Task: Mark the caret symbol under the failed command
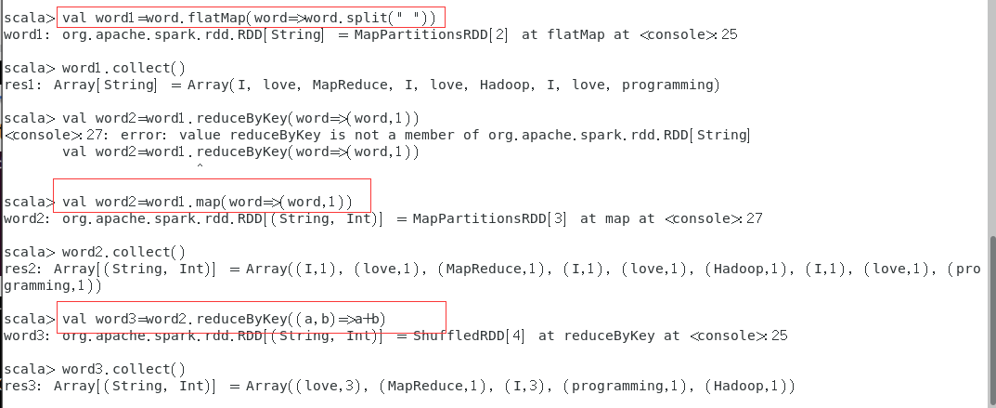(x=198, y=166)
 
